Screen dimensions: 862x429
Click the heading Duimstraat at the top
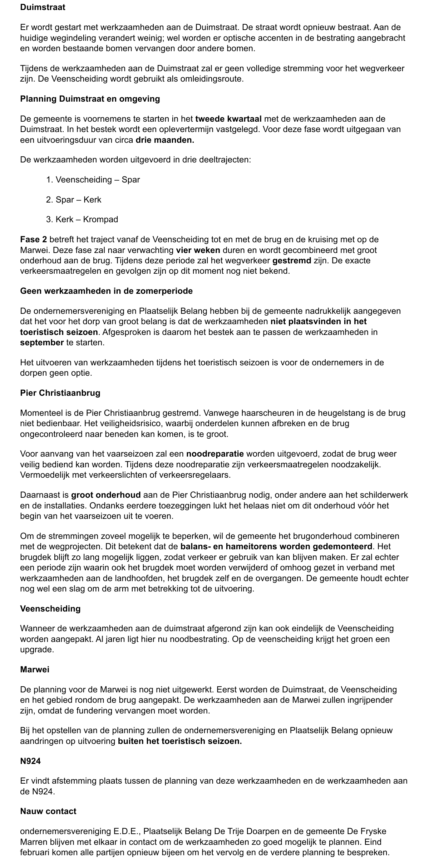[x=43, y=7]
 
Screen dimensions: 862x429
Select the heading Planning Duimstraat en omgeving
[x=90, y=99]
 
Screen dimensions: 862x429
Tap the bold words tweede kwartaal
[x=228, y=119]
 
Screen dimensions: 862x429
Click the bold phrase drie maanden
[x=165, y=140]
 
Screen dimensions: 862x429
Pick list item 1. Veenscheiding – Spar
[x=93, y=180]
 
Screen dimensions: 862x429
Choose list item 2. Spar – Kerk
[x=74, y=200]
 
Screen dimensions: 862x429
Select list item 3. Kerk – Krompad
[x=82, y=219]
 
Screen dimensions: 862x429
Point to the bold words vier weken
[x=198, y=250]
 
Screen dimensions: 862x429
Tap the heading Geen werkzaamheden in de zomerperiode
[x=106, y=291]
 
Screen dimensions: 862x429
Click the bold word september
[x=42, y=342]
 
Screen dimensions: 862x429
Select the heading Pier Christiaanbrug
[x=60, y=393]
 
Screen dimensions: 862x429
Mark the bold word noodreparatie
[x=215, y=454]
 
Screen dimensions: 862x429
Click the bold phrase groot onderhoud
[x=106, y=495]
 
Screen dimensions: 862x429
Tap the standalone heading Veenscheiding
[x=50, y=609]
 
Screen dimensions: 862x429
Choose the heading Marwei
[x=35, y=669]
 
